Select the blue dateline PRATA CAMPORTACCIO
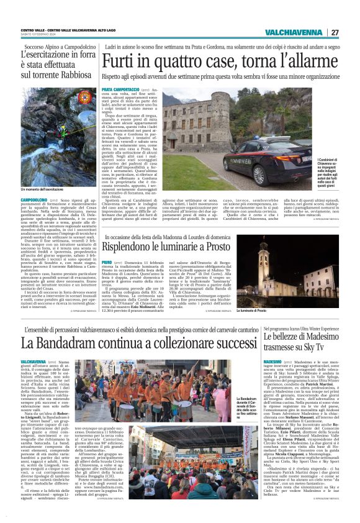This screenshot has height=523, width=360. click(x=119, y=90)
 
